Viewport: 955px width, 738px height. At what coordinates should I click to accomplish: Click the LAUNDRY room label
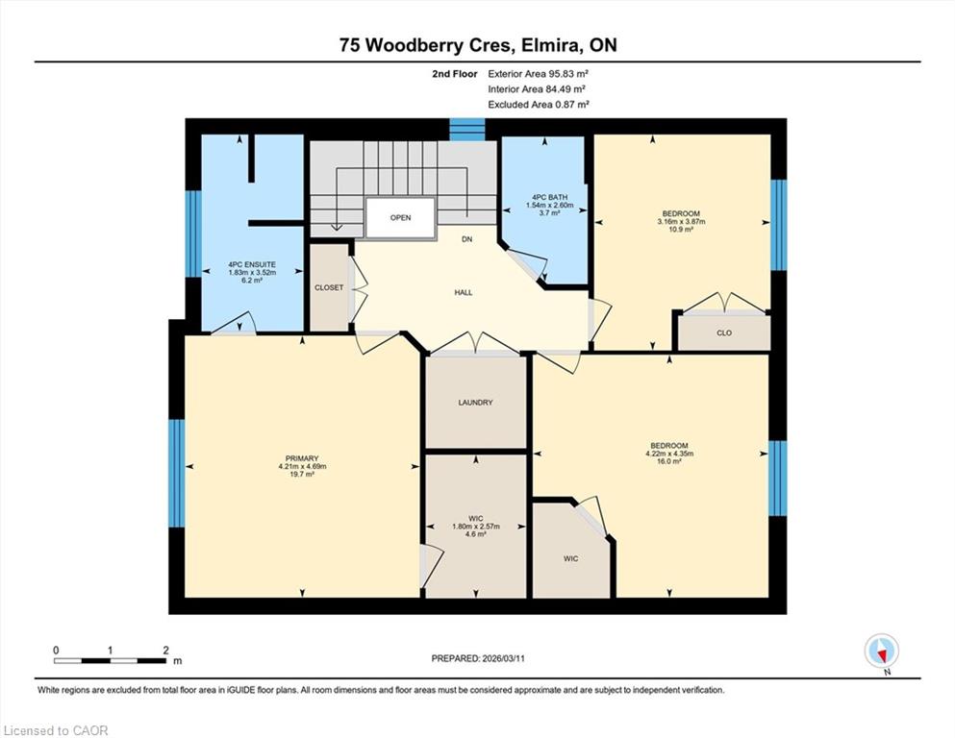pos(475,403)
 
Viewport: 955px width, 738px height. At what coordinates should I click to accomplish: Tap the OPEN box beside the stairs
pos(400,218)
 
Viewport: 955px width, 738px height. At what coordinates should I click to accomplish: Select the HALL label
pos(464,293)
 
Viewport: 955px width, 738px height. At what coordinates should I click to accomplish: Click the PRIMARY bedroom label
pos(302,458)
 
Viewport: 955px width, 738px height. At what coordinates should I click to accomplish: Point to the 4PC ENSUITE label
pos(252,264)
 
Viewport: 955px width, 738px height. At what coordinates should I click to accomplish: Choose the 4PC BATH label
pos(549,197)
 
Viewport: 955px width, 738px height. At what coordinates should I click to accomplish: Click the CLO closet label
pos(724,333)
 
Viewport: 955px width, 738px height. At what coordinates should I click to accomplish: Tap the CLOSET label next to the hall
pos(329,287)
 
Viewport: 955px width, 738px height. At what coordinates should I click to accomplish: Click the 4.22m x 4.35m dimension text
pos(669,454)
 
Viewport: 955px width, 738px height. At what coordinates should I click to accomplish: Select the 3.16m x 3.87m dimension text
pos(681,221)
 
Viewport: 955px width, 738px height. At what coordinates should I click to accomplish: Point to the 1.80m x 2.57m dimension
pos(476,527)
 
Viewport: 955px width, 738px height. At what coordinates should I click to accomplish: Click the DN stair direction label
pos(466,239)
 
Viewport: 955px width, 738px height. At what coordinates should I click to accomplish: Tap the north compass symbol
pos(881,652)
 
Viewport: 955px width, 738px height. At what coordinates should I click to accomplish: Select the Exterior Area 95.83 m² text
pos(538,74)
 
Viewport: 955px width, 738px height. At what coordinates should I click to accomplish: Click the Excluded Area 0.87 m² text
pos(539,104)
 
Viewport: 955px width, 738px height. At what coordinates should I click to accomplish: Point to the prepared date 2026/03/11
pos(502,658)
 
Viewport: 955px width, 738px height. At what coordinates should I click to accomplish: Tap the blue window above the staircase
pos(467,130)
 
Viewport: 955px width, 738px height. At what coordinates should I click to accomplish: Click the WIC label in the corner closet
pos(570,558)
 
